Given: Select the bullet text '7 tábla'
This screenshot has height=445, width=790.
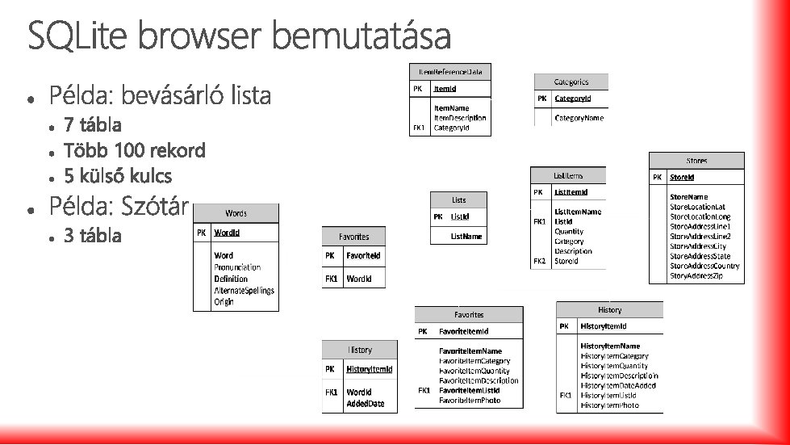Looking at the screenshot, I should point(94,125).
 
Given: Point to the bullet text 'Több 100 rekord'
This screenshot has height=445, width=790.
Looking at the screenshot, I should point(135,150).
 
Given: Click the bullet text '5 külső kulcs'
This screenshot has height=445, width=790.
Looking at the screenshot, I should point(118,176).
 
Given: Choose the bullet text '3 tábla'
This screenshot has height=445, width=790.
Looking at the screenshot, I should point(94,236).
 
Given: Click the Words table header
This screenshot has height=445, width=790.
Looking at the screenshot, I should point(236,213).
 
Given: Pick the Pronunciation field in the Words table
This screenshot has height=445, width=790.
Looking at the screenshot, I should point(237,267).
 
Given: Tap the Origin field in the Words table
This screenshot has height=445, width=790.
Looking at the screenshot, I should point(224,302).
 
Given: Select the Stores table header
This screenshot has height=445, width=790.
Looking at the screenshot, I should point(696,161).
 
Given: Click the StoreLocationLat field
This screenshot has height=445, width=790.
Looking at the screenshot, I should point(696,207).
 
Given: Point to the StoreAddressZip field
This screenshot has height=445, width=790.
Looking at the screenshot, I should point(696,276).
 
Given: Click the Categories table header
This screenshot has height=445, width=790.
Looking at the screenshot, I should point(571,82).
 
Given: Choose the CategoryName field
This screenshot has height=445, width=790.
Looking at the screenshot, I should point(579,118).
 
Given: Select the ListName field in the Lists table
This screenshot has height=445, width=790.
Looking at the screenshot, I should point(466,237).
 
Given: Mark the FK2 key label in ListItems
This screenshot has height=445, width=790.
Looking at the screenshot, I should point(538,261).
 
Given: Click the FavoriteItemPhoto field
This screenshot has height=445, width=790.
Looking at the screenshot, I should point(470,401).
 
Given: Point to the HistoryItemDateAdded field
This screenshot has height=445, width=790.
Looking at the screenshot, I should point(618,386).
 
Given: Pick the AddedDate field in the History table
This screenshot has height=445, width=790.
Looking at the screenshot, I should point(365,403).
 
